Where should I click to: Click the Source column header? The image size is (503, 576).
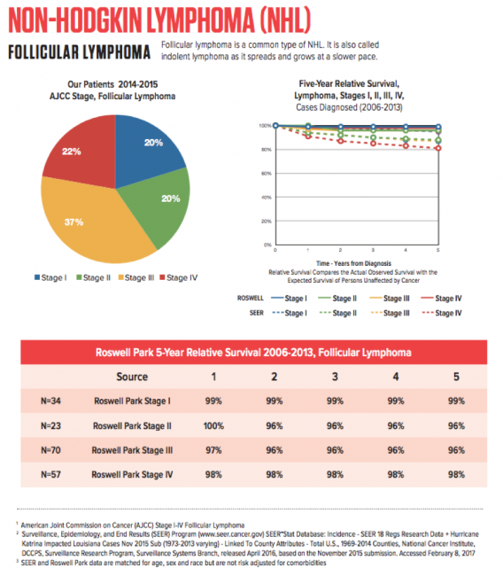131,377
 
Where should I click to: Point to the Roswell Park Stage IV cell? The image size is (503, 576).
131,473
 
